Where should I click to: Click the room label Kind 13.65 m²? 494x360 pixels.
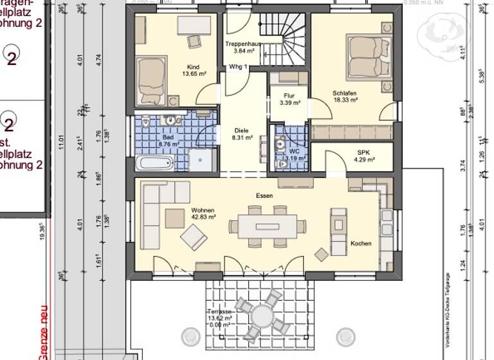(x=193, y=71)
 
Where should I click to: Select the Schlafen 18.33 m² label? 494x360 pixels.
(x=345, y=96)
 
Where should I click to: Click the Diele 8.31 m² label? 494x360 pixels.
(x=242, y=133)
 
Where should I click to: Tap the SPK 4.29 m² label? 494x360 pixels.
(x=365, y=156)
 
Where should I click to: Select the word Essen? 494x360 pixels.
(x=264, y=195)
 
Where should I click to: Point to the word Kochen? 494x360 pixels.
(x=361, y=244)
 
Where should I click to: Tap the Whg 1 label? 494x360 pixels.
(x=238, y=67)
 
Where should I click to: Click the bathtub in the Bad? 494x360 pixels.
(x=155, y=161)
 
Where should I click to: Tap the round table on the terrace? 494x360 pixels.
(x=262, y=316)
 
